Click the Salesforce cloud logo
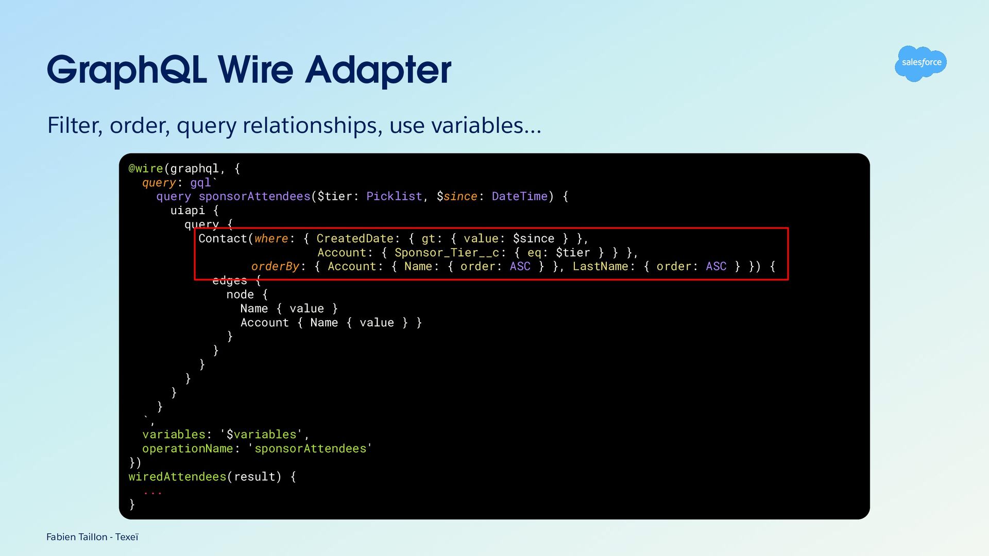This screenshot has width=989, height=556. (x=920, y=63)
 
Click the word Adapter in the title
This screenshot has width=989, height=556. (x=378, y=70)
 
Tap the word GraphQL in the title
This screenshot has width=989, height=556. (x=127, y=70)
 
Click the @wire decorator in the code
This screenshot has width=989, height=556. (x=146, y=168)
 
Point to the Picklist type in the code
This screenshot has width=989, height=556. (x=394, y=196)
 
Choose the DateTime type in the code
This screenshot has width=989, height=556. (x=520, y=196)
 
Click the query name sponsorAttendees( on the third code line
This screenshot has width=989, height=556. (x=257, y=196)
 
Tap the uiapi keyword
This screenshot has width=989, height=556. (x=187, y=210)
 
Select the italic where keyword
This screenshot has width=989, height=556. (x=271, y=238)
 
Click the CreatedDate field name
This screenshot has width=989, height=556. (x=355, y=238)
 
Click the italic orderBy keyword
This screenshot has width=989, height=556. (x=275, y=266)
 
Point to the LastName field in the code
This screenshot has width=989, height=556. (x=601, y=266)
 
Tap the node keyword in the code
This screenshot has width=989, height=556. (x=240, y=294)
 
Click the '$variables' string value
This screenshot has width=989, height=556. (x=261, y=435)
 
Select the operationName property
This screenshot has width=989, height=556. (x=187, y=448)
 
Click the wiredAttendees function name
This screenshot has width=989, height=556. (x=177, y=477)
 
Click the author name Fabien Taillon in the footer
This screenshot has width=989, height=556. (x=77, y=537)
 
